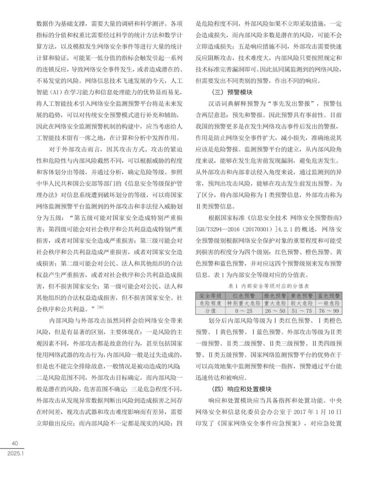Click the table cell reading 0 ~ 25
click(244, 310)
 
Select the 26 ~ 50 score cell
click(275, 310)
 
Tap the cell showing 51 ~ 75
click(301, 310)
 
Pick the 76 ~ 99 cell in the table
click(329, 310)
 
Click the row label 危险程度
click(210, 303)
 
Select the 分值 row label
click(210, 310)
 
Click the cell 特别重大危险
click(244, 303)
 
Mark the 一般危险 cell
click(329, 303)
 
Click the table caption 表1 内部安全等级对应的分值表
click(268, 286)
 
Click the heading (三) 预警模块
click(232, 92)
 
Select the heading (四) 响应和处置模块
click(241, 389)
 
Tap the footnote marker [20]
click(100, 307)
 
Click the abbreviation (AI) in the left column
click(56, 93)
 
